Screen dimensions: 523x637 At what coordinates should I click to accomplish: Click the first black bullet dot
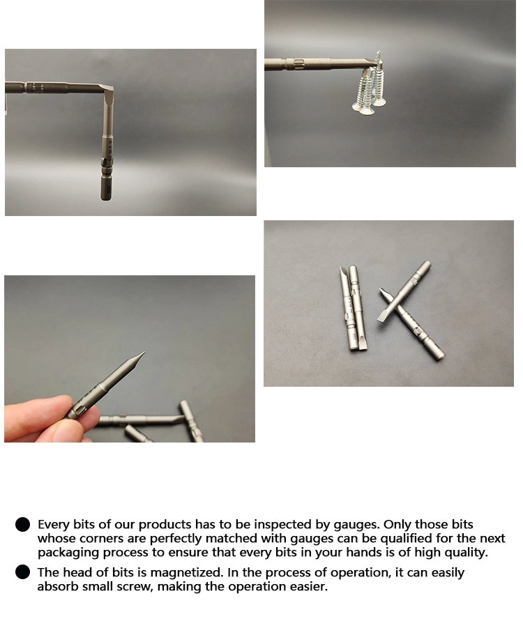pyautogui.click(x=23, y=525)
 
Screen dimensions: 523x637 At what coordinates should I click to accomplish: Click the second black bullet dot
pyautogui.click(x=23, y=572)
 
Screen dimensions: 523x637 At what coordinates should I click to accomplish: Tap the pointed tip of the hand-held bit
pyautogui.click(x=144, y=353)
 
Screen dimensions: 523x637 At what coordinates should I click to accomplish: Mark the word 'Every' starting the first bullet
pyautogui.click(x=54, y=525)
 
